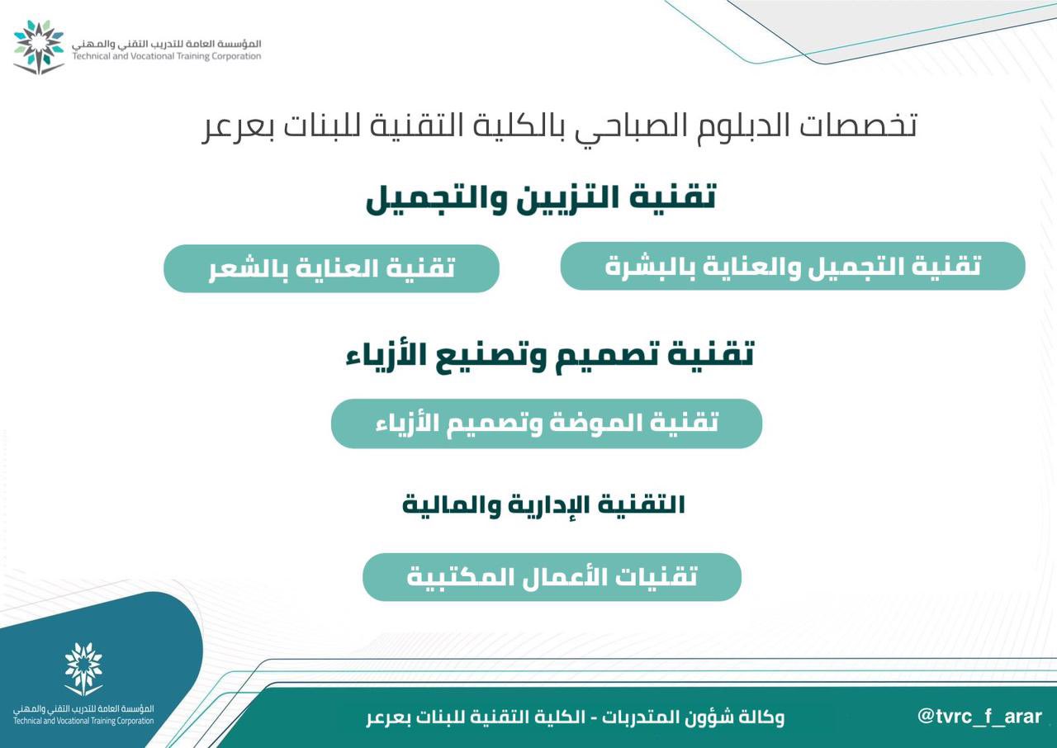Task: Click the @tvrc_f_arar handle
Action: coord(979,717)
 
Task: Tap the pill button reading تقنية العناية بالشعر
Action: coord(331,268)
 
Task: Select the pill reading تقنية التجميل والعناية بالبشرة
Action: coord(793,266)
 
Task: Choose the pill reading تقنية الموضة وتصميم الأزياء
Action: coord(547,423)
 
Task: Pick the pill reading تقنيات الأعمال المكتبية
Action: coord(552,577)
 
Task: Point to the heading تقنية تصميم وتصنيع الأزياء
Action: coord(550,356)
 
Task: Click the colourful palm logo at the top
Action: coord(38,47)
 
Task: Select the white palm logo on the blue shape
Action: coord(83,669)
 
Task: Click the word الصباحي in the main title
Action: coord(633,127)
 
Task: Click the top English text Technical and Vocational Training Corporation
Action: coord(167,56)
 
